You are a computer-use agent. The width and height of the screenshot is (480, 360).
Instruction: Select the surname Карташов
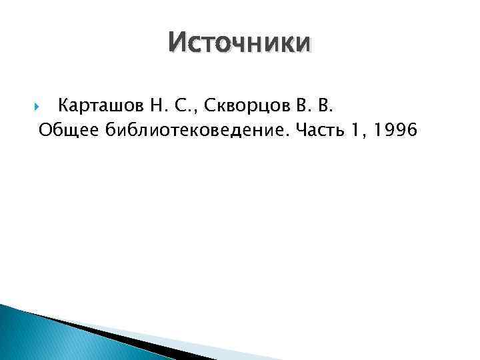97,105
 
